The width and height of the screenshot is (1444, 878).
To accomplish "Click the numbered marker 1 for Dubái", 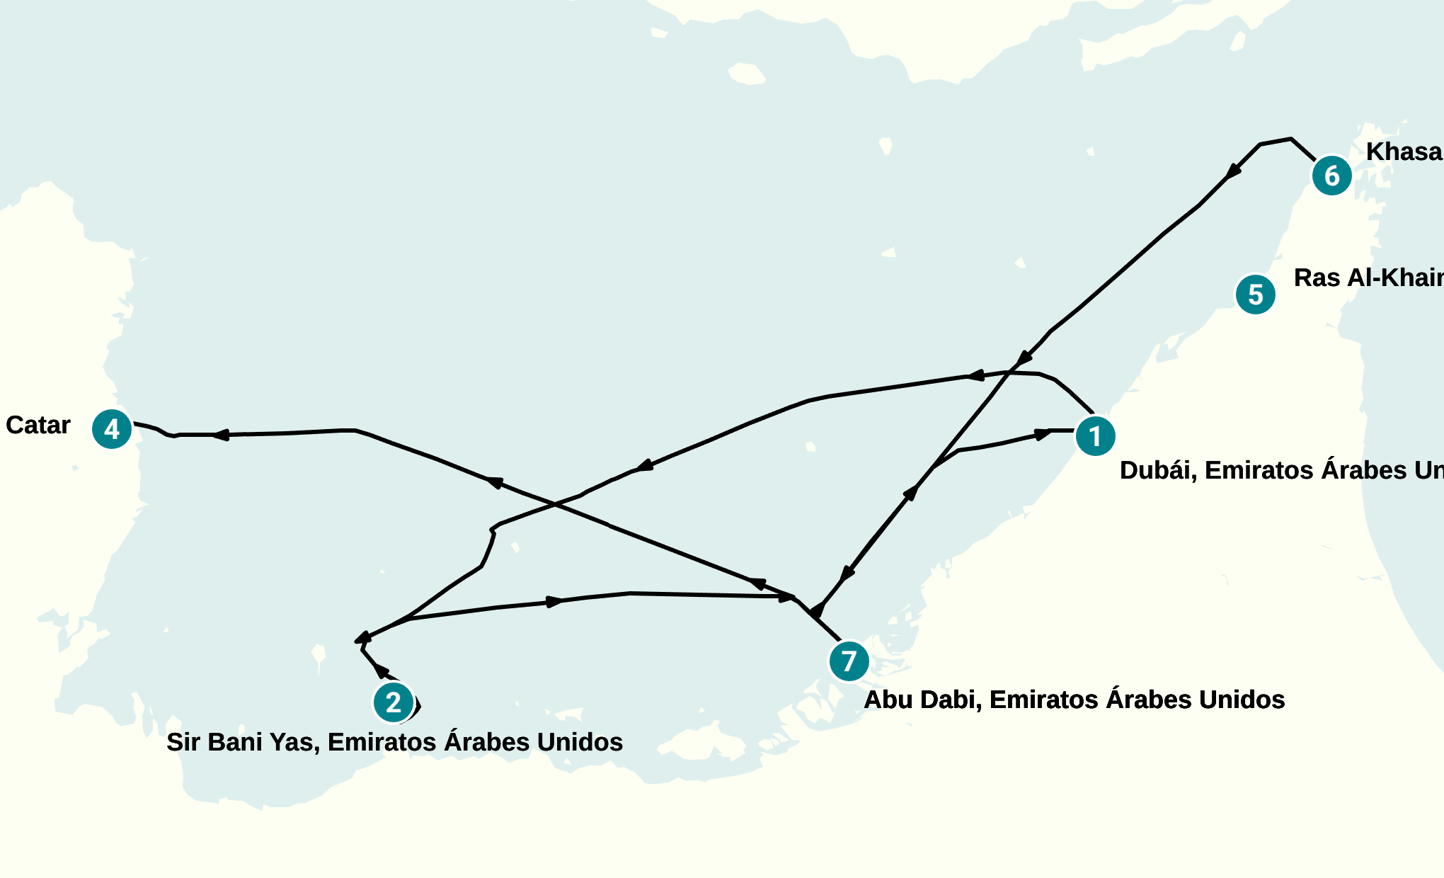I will click(1095, 436).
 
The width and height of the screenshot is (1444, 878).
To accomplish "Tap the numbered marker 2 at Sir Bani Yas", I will click(394, 702).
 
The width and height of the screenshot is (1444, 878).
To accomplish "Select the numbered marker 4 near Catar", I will click(112, 429).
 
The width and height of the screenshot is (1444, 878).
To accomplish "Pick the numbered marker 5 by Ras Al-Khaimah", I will click(1256, 295).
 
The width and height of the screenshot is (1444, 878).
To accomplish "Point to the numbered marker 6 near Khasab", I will click(1332, 176).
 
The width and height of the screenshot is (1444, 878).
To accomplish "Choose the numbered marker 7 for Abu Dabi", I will click(849, 661).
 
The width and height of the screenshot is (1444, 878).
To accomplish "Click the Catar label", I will click(38, 425).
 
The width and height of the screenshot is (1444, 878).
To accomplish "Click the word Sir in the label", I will click(183, 742).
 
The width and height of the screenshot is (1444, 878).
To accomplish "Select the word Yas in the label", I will click(297, 742).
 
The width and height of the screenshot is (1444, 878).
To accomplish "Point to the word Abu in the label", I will click(887, 700).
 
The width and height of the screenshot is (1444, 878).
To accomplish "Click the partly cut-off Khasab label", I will click(1404, 152).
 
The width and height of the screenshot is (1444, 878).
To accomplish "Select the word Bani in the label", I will click(239, 742).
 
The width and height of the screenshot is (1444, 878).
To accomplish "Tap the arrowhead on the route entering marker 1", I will click(1043, 434).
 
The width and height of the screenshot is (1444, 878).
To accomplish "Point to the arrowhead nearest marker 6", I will click(1233, 171).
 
